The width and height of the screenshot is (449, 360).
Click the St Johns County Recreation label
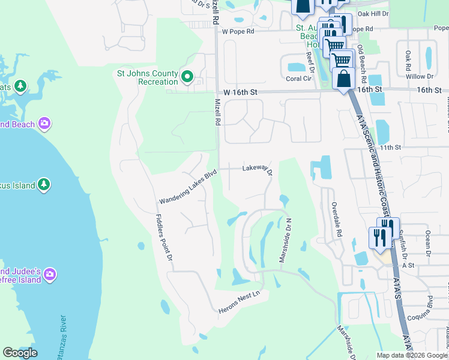(x=147, y=77)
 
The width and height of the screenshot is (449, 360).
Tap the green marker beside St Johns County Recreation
(x=187, y=77)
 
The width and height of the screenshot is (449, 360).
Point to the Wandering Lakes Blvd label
(x=187, y=188)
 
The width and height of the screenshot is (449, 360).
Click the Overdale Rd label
(x=338, y=219)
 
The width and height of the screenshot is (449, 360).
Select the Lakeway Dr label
(x=258, y=170)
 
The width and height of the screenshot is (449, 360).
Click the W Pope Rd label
(x=238, y=31)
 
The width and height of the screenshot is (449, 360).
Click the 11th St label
(x=390, y=147)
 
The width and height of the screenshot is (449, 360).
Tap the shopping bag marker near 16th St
(x=343, y=79)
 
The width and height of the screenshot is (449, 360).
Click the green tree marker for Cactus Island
(x=43, y=185)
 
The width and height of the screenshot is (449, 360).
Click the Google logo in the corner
(x=20, y=353)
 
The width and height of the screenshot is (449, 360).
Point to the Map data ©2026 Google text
(x=412, y=355)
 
